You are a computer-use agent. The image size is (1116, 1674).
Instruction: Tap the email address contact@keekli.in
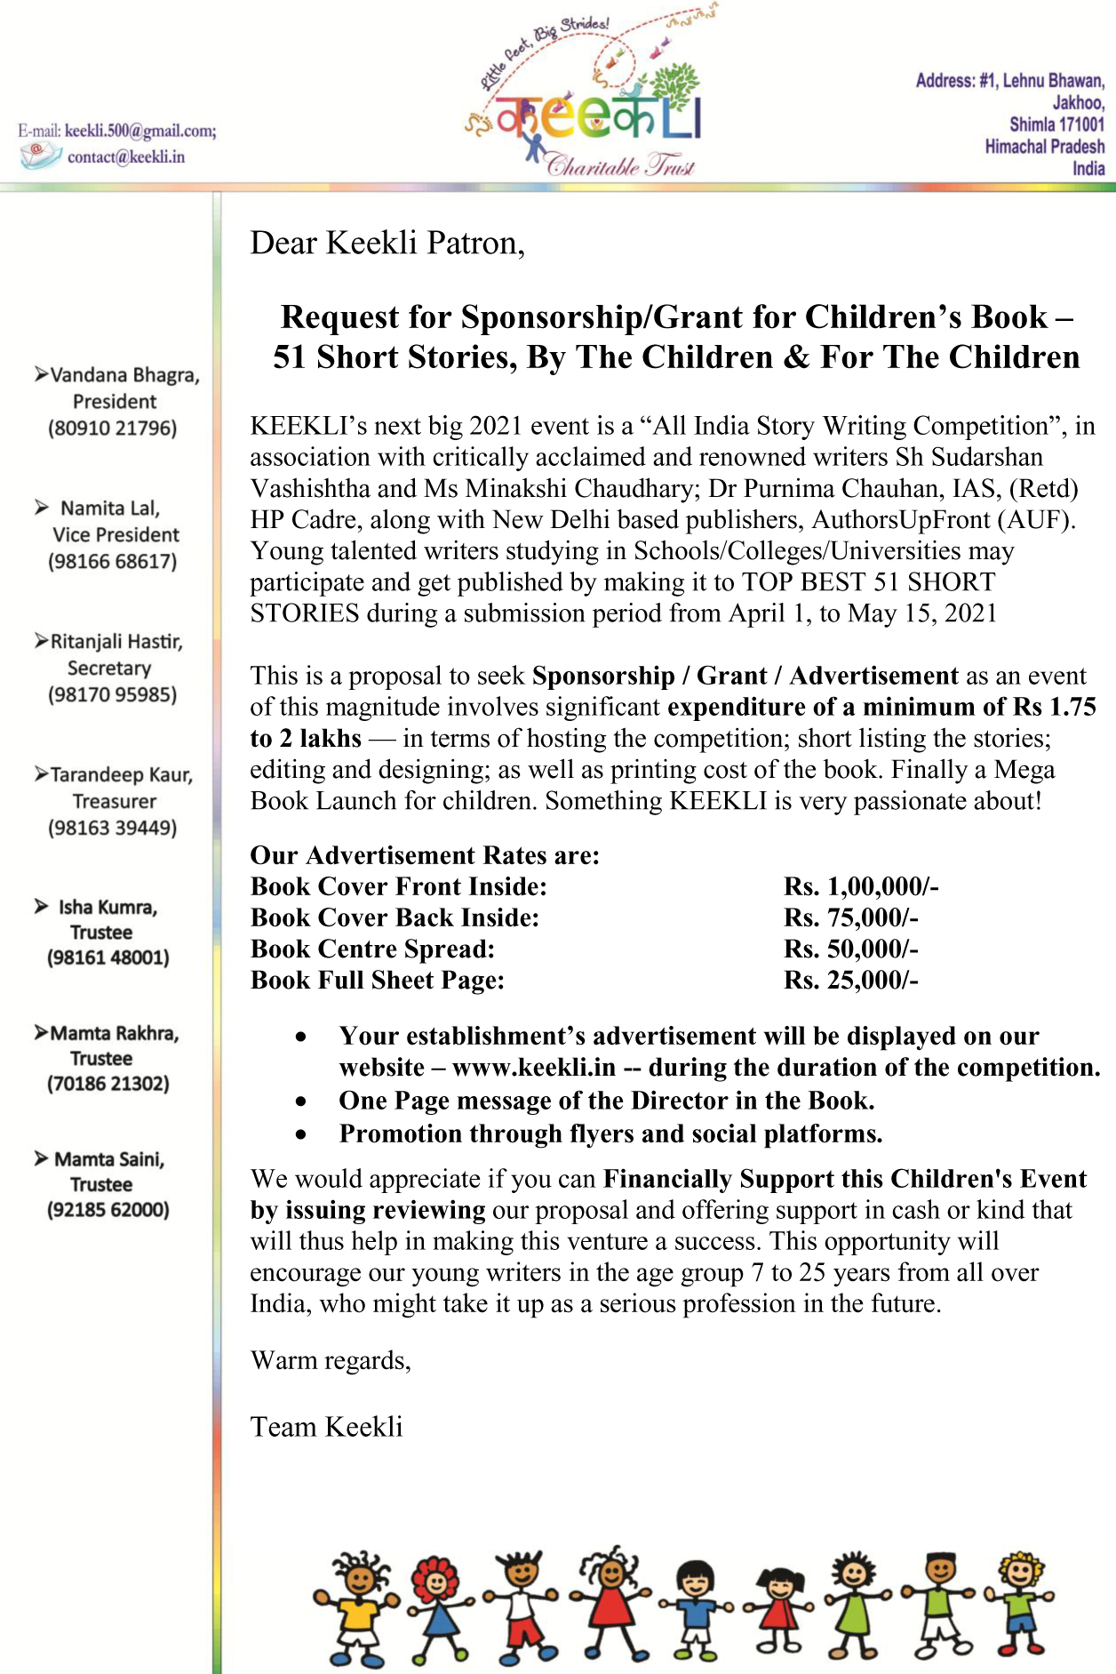point(126,157)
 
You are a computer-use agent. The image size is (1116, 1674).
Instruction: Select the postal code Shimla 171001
point(1056,124)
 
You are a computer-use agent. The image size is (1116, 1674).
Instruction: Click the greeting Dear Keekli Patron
point(387,243)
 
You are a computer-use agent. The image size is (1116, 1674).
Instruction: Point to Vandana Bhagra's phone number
point(113,428)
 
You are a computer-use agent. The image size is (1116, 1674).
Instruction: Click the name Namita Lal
point(110,508)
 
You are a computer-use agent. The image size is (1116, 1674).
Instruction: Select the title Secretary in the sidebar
point(109,668)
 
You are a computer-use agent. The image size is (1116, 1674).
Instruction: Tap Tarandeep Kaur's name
point(121,774)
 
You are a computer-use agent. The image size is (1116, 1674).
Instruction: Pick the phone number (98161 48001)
point(108,957)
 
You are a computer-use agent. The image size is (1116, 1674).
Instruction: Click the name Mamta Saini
point(109,1159)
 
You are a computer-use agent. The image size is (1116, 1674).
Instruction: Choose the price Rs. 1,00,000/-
point(861,886)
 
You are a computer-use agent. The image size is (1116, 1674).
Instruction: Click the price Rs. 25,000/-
point(850,980)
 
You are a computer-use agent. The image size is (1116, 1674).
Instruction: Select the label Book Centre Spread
point(372,949)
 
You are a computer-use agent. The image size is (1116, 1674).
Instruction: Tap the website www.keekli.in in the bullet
point(533,1067)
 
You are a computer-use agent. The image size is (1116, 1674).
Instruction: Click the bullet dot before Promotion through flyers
point(302,1134)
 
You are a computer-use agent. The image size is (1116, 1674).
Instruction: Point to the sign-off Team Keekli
point(326,1427)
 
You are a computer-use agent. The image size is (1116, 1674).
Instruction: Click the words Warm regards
point(331,1360)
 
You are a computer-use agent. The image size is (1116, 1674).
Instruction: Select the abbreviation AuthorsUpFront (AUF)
point(944,519)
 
